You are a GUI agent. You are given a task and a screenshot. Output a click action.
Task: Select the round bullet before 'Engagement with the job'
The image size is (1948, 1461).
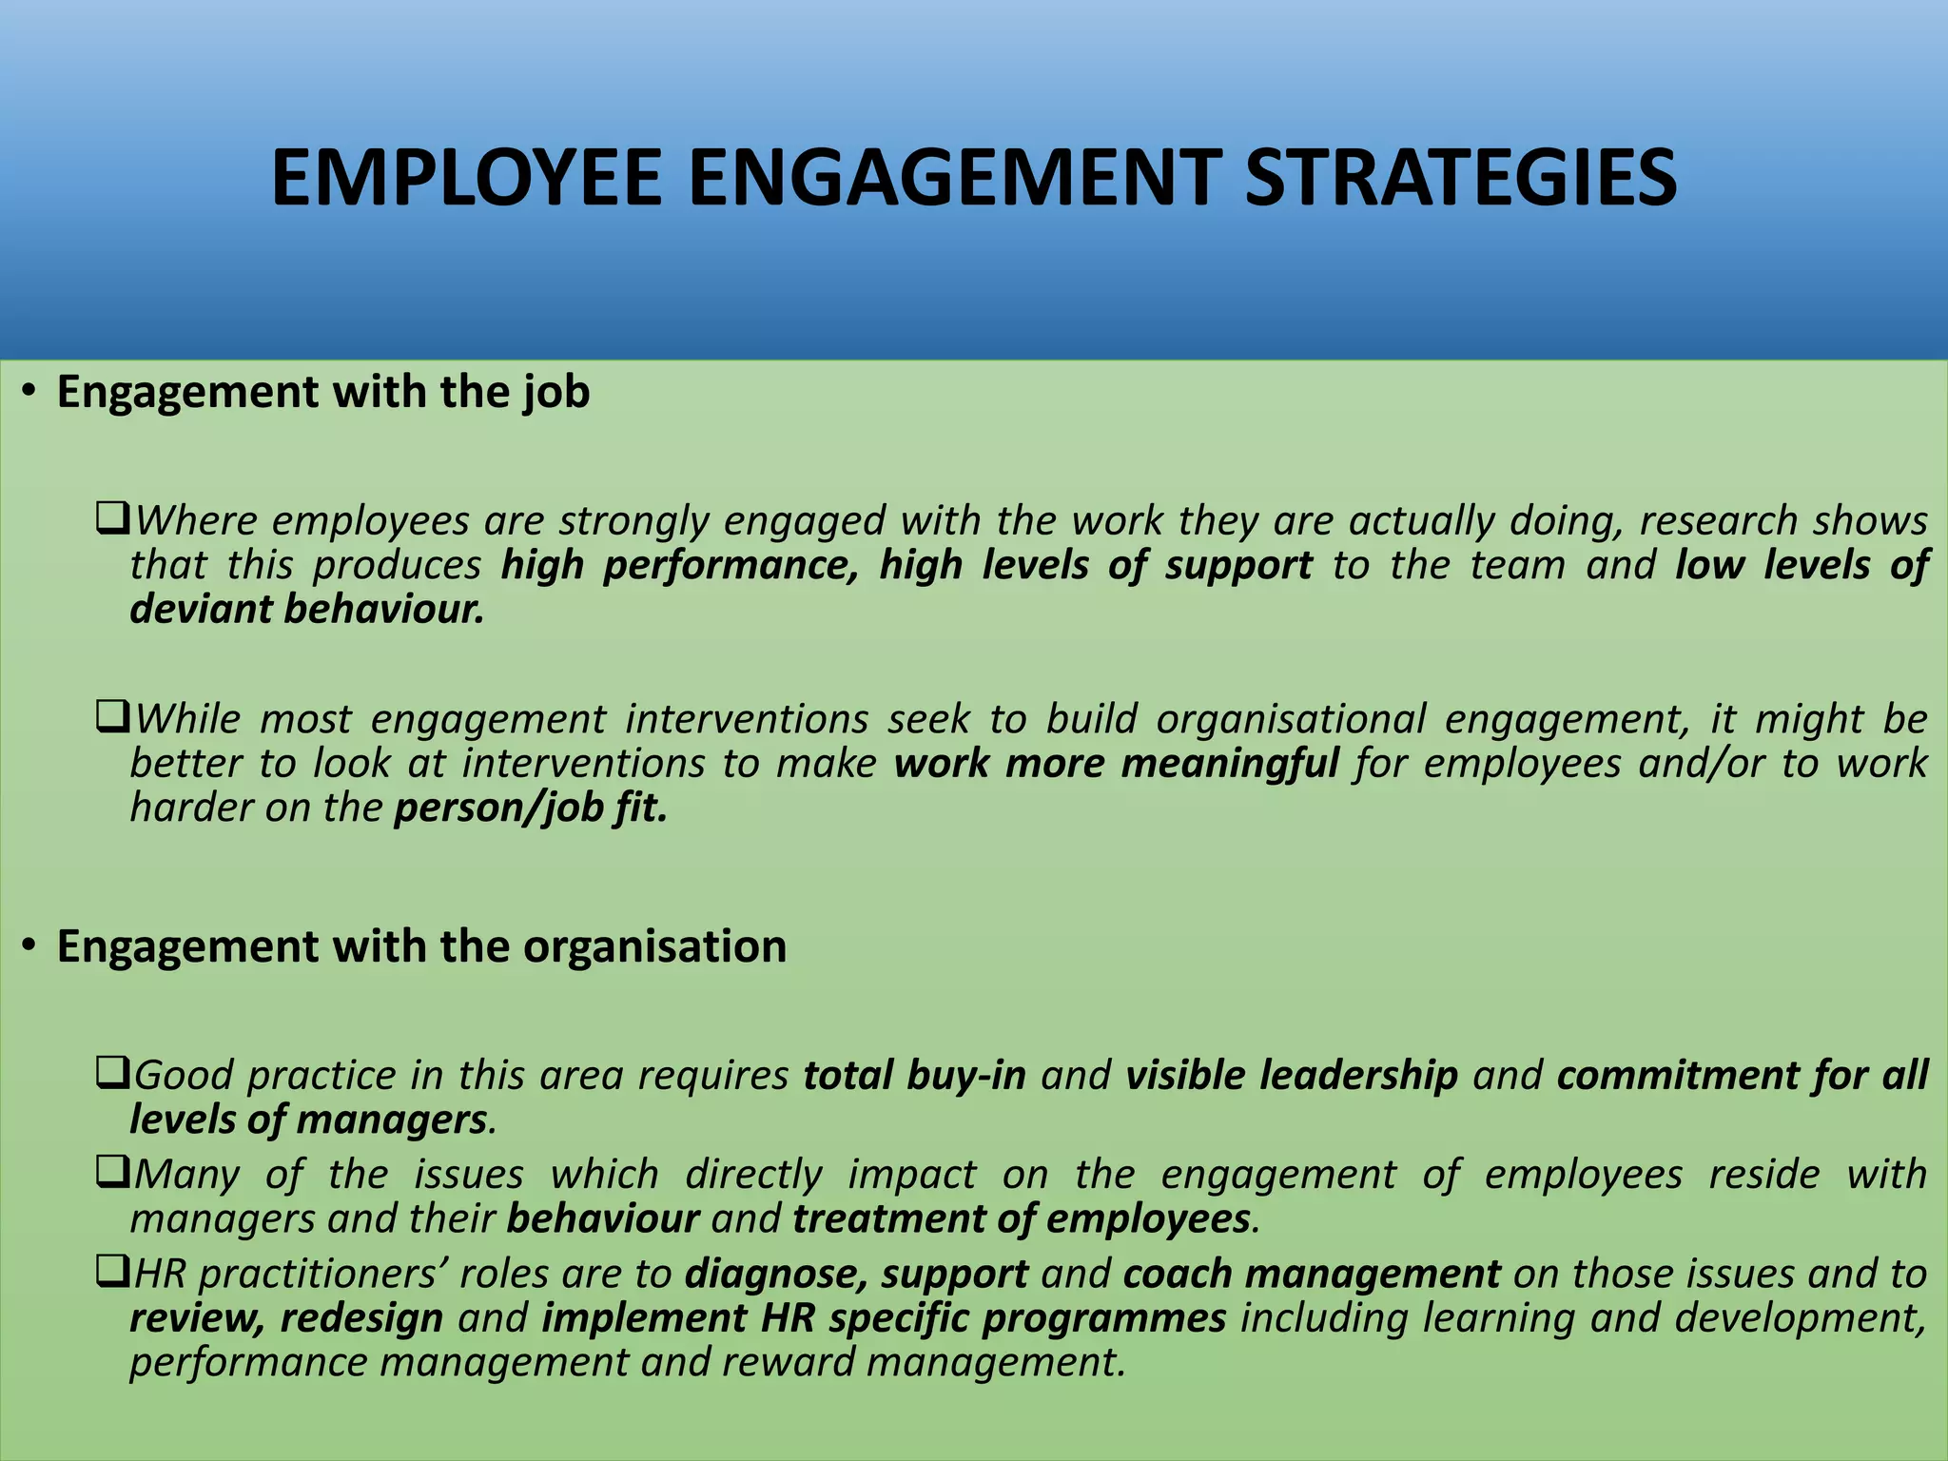pyautogui.click(x=30, y=391)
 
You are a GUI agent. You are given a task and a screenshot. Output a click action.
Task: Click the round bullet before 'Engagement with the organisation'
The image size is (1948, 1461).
pyautogui.click(x=30, y=945)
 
